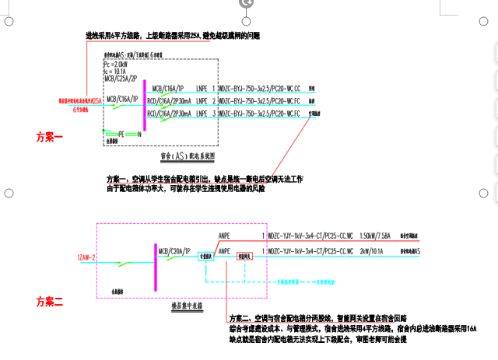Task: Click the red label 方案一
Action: [x=48, y=136]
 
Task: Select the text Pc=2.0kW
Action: [x=116, y=65]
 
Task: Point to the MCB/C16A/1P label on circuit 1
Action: [x=169, y=89]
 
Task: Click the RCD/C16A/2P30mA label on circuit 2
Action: [x=171, y=101]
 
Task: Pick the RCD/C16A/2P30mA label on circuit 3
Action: [x=171, y=114]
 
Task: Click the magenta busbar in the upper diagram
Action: [x=145, y=104]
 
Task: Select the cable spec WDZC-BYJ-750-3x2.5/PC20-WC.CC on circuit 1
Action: [x=261, y=89]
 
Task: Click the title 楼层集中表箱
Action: [x=188, y=306]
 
